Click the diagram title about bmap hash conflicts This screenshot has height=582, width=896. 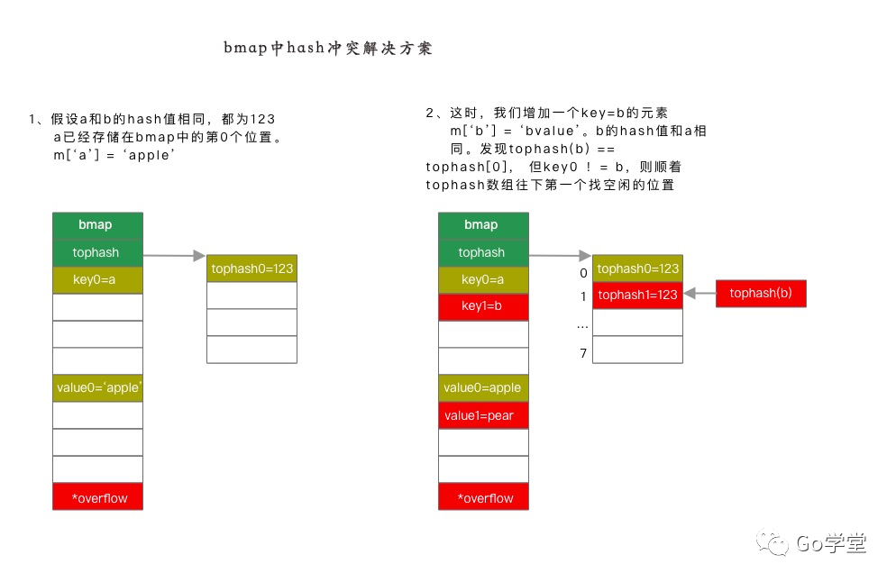click(328, 49)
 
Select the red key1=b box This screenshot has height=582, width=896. click(483, 307)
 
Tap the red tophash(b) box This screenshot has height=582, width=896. click(761, 294)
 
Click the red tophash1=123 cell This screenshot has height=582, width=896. click(637, 296)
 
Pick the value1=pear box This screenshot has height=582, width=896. click(483, 415)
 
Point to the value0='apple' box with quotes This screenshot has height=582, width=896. click(97, 388)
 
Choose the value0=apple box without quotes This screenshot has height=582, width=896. click(483, 388)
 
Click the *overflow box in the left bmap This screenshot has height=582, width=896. click(97, 497)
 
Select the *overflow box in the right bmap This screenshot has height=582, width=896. click(483, 497)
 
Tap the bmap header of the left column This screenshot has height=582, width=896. click(97, 225)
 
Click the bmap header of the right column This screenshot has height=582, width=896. click(483, 225)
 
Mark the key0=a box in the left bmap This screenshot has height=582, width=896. click(97, 280)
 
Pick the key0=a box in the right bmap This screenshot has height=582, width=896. click(483, 280)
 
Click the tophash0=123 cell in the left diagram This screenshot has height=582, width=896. click(251, 268)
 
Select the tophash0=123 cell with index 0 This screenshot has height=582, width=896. click(637, 268)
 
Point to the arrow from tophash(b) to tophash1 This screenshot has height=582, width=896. click(699, 294)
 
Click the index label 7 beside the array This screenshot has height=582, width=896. click(583, 353)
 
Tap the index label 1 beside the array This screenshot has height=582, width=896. click(583, 296)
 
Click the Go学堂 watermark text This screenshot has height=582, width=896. click(830, 543)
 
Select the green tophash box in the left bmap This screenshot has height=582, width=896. click(97, 252)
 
